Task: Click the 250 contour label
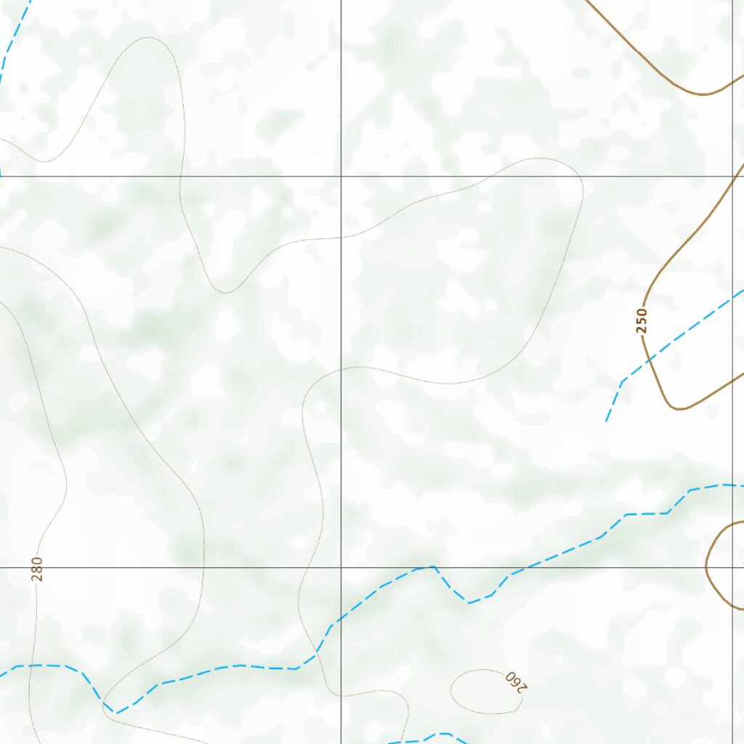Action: click(x=641, y=320)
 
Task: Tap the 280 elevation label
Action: click(x=37, y=569)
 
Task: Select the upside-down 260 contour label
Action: click(x=514, y=682)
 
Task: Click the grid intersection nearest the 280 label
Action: click(x=0, y=567)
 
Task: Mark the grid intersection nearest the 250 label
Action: click(x=732, y=176)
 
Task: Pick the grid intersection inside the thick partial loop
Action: click(x=732, y=567)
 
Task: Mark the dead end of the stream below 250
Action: click(x=606, y=421)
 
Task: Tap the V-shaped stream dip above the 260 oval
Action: click(x=469, y=602)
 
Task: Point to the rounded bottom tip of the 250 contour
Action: click(x=679, y=409)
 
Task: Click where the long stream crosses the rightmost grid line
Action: click(x=732, y=485)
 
